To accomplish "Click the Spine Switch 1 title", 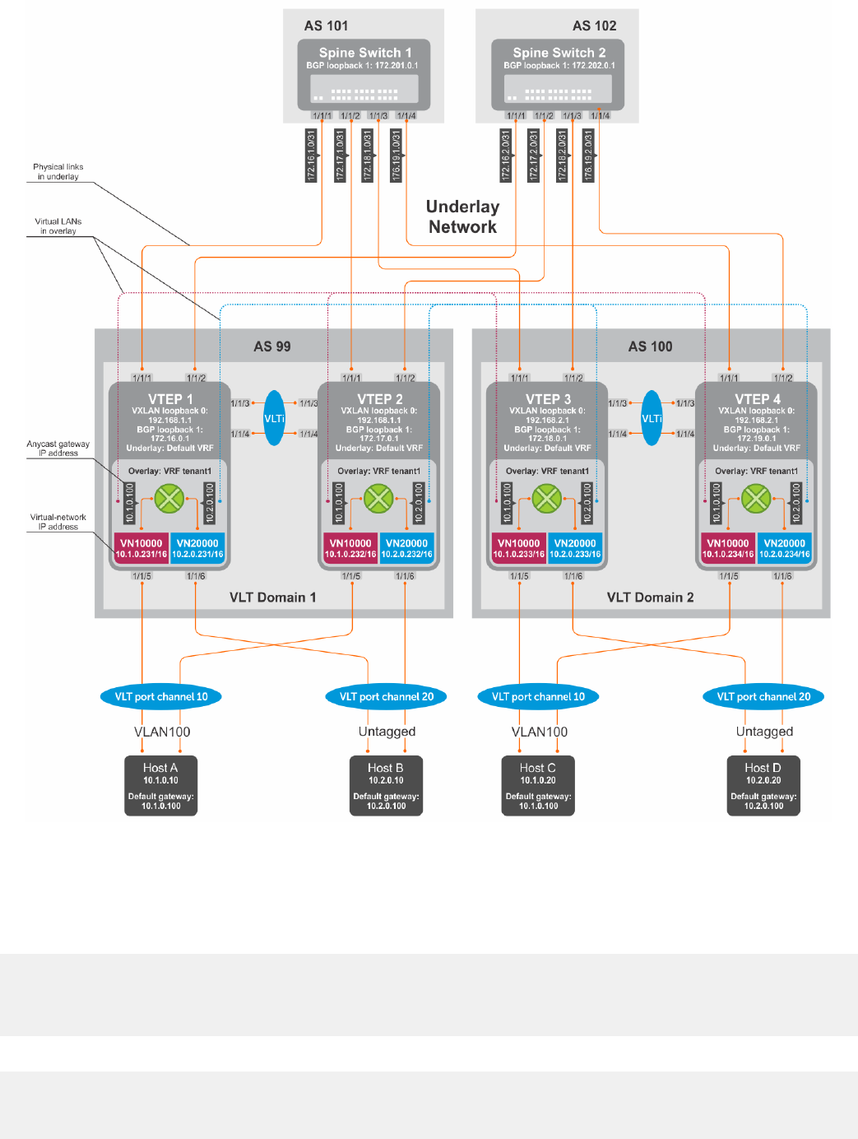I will coord(364,53).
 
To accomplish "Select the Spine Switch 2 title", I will coord(559,53).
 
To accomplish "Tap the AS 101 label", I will coord(326,26).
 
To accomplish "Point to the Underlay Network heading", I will coord(462,216).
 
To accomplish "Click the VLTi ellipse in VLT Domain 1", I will coord(274,418).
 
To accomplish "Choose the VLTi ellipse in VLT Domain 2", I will coord(652,418).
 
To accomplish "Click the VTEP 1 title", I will coord(170,399).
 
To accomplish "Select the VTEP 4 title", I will coord(757,399).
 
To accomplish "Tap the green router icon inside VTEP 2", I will coord(378,498).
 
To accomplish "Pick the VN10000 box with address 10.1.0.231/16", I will coord(141,548).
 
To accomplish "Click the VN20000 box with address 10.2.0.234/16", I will coord(784,548).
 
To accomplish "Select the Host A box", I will coord(161,785).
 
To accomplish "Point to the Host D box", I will coord(763,785).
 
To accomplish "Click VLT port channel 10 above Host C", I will coord(538,696).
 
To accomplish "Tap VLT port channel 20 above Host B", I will coord(387,696).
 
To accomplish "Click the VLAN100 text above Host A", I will coord(162,732).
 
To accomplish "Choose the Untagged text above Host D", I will coord(764,732).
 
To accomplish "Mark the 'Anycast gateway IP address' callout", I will coord(58,449).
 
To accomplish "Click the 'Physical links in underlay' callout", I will coord(58,171).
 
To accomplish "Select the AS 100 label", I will coord(650,346).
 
